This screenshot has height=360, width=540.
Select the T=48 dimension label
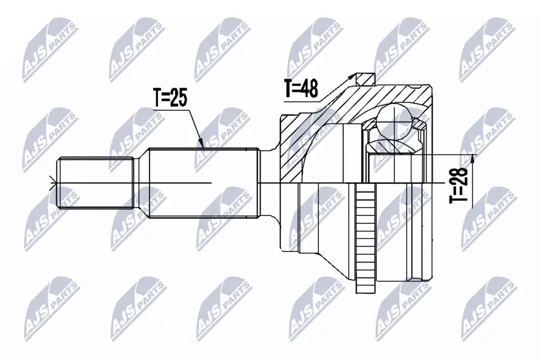[301, 88]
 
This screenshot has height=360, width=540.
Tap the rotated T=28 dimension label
[460, 185]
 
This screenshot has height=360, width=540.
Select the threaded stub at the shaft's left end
[96, 182]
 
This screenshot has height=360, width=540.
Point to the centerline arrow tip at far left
[52, 183]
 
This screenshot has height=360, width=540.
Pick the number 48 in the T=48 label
[309, 88]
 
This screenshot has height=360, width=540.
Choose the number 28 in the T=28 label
[460, 178]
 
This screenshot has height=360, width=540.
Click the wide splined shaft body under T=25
[202, 182]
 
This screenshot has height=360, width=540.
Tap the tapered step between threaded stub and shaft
[141, 182]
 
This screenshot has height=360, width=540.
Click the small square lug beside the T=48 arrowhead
[366, 78]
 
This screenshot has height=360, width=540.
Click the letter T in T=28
[460, 199]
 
